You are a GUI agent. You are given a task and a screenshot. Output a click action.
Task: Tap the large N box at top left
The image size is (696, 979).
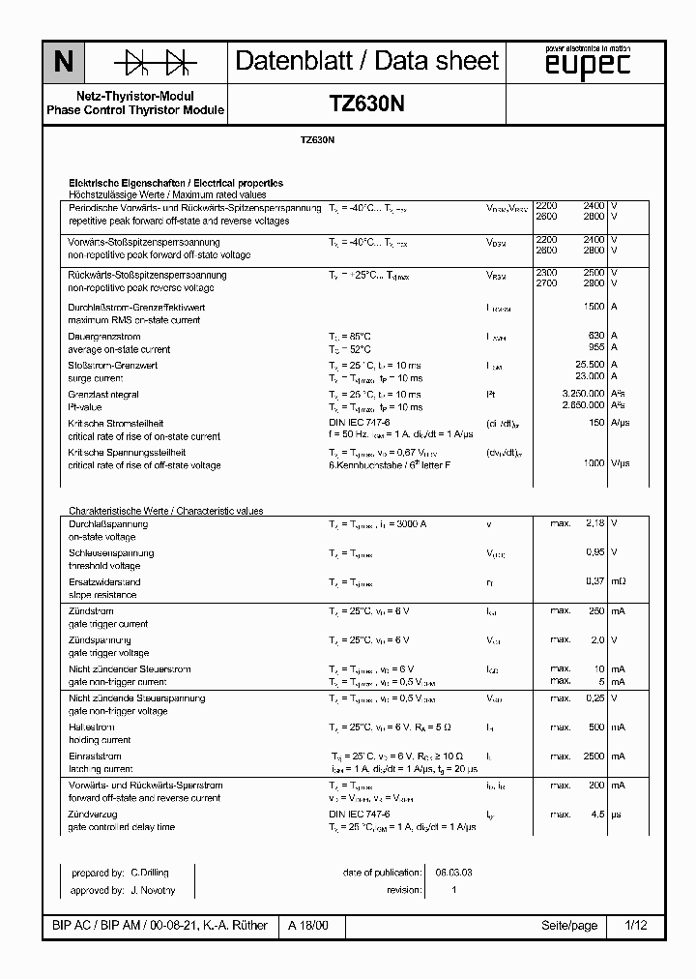click(x=63, y=63)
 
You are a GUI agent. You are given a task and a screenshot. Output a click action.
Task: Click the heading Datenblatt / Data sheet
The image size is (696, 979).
click(x=367, y=61)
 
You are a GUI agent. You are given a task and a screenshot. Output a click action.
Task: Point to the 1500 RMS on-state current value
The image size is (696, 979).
click(x=593, y=307)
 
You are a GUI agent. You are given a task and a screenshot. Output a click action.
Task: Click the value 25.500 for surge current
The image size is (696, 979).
click(x=590, y=365)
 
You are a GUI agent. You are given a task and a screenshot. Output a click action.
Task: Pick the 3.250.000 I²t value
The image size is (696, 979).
click(x=583, y=394)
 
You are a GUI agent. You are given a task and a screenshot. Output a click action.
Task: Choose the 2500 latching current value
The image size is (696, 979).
click(x=593, y=756)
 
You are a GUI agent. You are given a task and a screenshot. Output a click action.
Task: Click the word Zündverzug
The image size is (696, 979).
click(x=93, y=814)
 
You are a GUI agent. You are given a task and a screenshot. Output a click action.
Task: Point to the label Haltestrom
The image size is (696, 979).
click(x=91, y=727)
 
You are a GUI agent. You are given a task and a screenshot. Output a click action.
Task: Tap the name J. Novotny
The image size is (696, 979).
click(x=152, y=890)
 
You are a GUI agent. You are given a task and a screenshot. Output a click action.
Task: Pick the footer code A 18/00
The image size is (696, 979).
click(x=308, y=926)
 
